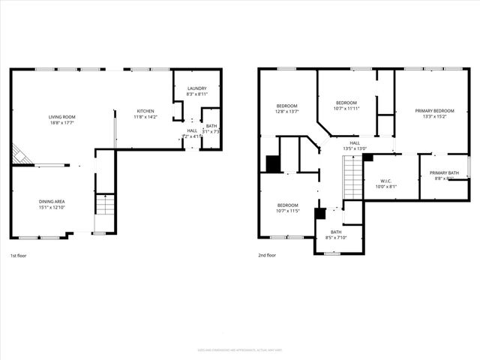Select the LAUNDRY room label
(x=196, y=88)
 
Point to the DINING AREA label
(x=52, y=201)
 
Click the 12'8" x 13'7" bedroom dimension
(x=287, y=112)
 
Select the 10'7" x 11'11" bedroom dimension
(x=346, y=108)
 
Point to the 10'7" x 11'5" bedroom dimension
(x=288, y=211)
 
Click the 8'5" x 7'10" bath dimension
(x=334, y=238)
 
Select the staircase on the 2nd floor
(x=352, y=182)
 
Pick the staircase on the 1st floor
(x=106, y=205)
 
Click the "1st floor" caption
(x=19, y=256)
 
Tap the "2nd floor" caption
(x=266, y=256)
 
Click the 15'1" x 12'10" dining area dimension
(x=52, y=207)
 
